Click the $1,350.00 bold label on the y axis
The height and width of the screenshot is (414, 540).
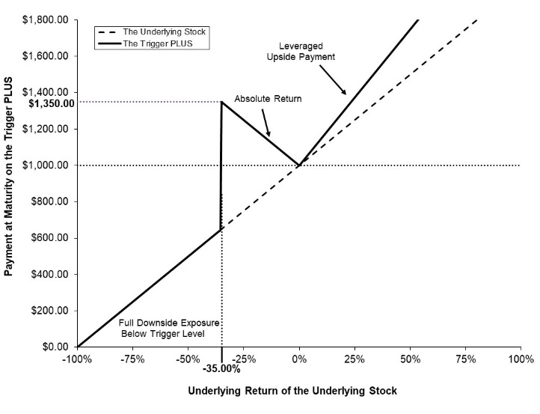click(52, 103)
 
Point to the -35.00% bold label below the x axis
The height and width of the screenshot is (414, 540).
click(221, 369)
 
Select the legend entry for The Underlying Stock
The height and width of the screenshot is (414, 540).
click(152, 32)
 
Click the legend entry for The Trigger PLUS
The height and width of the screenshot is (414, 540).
click(145, 43)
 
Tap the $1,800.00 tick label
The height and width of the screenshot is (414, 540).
click(45, 19)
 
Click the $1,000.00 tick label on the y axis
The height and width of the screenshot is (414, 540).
click(45, 165)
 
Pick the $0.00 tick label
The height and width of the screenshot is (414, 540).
click(55, 347)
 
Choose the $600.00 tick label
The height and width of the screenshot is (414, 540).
click(49, 238)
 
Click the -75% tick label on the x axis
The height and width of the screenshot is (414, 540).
click(132, 359)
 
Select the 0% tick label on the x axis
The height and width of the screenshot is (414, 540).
click(299, 359)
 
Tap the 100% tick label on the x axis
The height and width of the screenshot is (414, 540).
click(521, 359)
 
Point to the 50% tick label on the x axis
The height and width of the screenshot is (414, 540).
click(410, 359)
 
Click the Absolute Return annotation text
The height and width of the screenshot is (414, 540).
click(268, 99)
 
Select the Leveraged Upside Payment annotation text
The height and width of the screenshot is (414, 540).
click(301, 52)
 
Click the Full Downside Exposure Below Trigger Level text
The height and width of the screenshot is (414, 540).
click(169, 328)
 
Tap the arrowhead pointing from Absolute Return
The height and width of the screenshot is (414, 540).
click(269, 134)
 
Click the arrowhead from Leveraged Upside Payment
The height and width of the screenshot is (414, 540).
click(344, 91)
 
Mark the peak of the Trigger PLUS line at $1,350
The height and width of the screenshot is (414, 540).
click(222, 102)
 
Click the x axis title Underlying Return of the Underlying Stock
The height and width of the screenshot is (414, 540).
click(292, 391)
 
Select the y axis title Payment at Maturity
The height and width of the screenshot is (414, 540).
click(8, 176)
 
